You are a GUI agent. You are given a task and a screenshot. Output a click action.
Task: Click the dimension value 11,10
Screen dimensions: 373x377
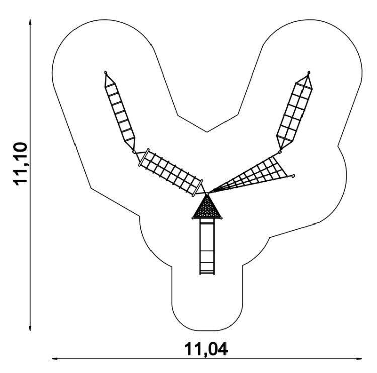click(x=23, y=164)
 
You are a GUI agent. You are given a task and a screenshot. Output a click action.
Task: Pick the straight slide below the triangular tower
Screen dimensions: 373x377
click(x=206, y=244)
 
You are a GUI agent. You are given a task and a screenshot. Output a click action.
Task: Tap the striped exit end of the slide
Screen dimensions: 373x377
click(x=206, y=272)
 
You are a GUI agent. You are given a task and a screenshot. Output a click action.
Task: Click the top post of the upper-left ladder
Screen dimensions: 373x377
click(x=106, y=73)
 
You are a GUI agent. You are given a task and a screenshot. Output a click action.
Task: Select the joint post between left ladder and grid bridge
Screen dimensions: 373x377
click(x=134, y=151)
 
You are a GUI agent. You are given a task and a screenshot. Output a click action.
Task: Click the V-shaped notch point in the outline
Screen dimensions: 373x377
click(x=207, y=132)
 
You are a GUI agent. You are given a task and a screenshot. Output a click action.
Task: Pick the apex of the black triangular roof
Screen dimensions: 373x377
click(x=206, y=194)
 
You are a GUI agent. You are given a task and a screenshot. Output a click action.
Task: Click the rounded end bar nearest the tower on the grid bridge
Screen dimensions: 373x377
click(x=200, y=186)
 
